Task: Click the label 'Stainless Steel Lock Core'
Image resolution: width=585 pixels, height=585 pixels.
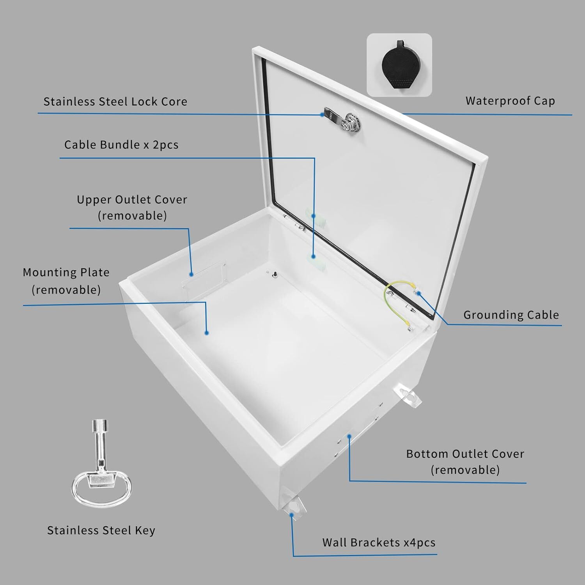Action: [x=115, y=102]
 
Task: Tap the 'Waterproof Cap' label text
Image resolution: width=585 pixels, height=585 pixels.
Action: [x=510, y=101]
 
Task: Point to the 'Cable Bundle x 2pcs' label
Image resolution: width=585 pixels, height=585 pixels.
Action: [x=121, y=145]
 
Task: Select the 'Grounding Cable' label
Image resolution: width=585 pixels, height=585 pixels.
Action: [x=511, y=315]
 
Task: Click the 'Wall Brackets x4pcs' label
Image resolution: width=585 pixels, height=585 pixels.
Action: [x=378, y=542]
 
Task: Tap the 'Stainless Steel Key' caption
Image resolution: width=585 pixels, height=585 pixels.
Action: [x=101, y=530]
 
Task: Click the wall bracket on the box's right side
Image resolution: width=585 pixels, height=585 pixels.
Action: [x=408, y=396]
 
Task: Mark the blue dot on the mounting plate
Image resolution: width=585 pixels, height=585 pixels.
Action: [x=207, y=333]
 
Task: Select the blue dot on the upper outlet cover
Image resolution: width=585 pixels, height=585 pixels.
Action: [x=191, y=275]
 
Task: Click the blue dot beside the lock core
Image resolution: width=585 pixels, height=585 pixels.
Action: [x=322, y=115]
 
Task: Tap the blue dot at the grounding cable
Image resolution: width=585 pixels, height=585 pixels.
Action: [x=418, y=293]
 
